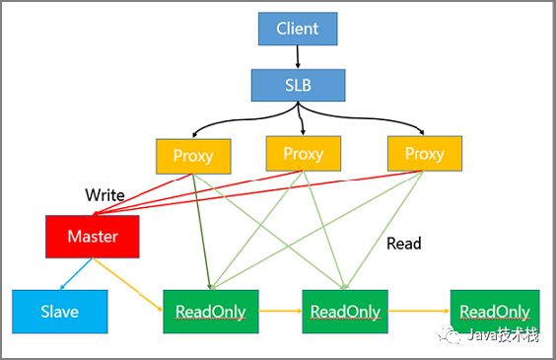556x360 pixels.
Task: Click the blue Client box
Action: (298, 28)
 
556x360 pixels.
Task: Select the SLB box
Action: (298, 84)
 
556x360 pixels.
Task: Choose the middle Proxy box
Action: (303, 153)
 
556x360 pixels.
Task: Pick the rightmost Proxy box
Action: (424, 154)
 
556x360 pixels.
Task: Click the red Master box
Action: (93, 238)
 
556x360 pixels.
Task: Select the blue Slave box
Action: (58, 311)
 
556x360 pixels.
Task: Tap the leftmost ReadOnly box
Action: (209, 311)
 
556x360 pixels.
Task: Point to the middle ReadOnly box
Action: (344, 311)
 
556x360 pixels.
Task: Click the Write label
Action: (104, 195)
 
